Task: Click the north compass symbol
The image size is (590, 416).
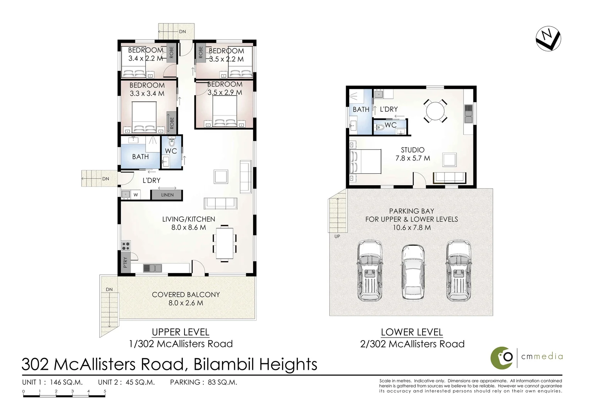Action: coord(548,38)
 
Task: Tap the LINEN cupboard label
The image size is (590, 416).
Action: coord(167,195)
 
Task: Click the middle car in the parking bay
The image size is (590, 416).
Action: coord(412,272)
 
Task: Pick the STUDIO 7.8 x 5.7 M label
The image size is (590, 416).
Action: coord(412,154)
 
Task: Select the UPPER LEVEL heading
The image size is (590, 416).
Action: coord(180,332)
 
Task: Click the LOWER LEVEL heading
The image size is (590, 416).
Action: coord(412,332)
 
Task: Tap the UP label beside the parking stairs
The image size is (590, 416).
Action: coord(337,237)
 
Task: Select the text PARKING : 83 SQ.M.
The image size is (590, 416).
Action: coord(203,382)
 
